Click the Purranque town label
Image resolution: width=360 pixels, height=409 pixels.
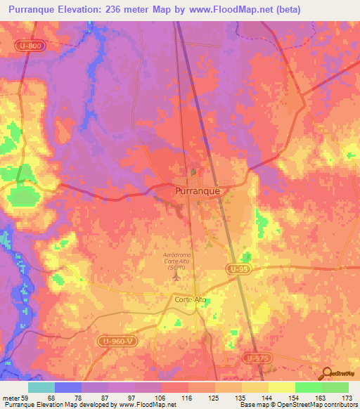[x=197, y=190]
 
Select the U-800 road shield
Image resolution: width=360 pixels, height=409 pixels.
[x=29, y=44]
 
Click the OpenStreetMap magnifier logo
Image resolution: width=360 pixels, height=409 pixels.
[x=325, y=374]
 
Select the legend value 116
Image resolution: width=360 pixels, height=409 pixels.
[x=188, y=398]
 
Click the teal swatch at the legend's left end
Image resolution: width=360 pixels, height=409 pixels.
[x=41, y=387]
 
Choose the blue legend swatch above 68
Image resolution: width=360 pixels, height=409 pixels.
[x=68, y=387]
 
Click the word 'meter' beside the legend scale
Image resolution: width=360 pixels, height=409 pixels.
[x=10, y=398]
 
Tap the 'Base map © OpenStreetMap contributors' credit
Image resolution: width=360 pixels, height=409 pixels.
[x=298, y=405]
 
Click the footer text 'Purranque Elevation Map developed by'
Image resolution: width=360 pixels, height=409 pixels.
[x=51, y=405]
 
